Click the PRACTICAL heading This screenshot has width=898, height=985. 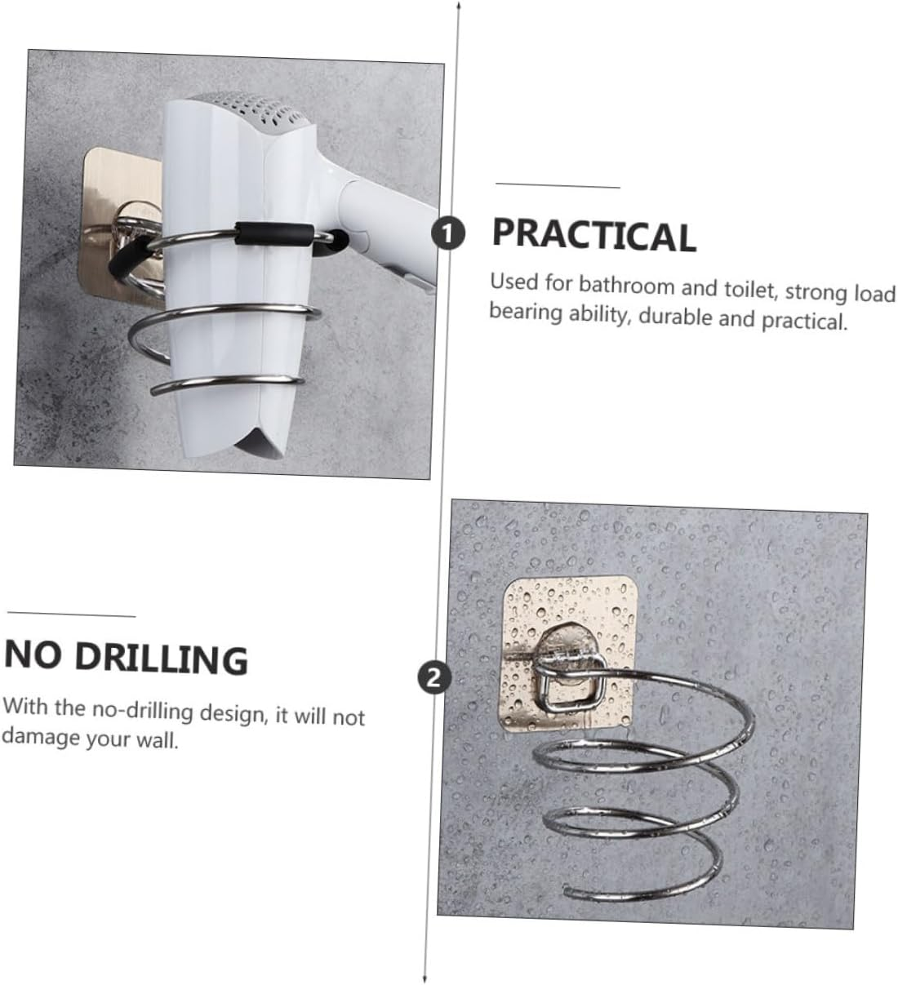593,235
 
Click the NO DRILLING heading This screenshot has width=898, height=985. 126,657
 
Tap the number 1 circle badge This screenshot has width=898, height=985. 447,233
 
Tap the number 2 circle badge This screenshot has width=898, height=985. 433,677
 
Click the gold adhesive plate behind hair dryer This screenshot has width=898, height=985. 114,212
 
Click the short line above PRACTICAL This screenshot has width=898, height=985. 558,187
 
